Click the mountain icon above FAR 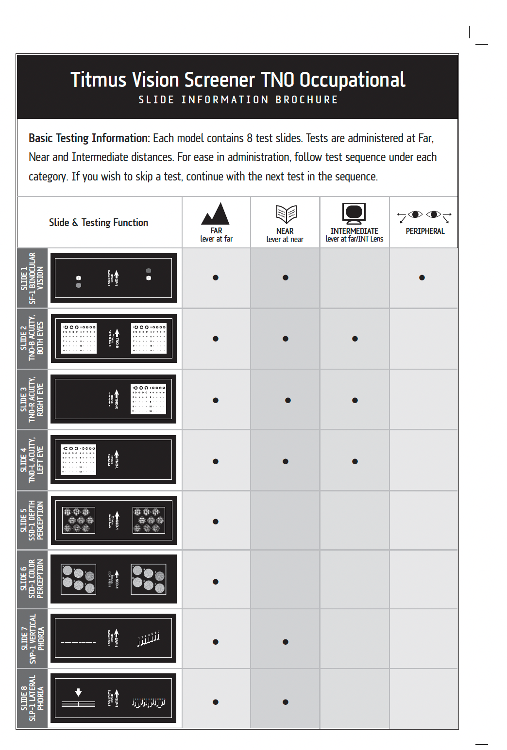(216, 214)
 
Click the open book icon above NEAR (286, 214)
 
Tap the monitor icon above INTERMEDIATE (354, 213)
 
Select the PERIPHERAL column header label (425, 231)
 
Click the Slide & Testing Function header (99, 223)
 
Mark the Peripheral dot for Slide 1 (422, 278)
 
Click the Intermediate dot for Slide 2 (355, 339)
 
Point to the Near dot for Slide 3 (288, 401)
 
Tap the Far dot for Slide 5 (216, 522)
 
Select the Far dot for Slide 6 (216, 582)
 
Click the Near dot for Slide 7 (286, 642)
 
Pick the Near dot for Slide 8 (286, 702)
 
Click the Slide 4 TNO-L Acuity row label (32, 460)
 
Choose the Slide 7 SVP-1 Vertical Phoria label (32, 638)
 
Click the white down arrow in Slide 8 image (78, 692)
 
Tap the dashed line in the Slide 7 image (78, 642)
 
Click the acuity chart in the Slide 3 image (149, 399)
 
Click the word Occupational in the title (352, 80)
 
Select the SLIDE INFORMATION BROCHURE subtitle (238, 100)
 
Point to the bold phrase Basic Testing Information (89, 138)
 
